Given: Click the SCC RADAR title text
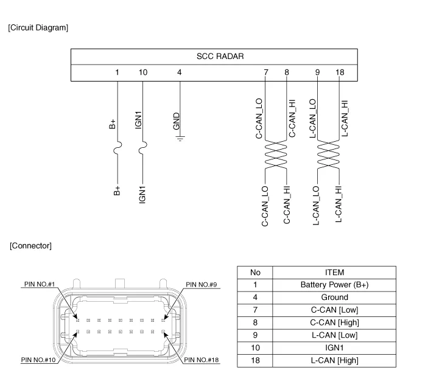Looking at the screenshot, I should click(220, 57).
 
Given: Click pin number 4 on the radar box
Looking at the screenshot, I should click(179, 72).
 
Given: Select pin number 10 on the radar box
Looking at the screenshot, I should click(142, 72).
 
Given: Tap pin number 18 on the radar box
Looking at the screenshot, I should click(340, 72).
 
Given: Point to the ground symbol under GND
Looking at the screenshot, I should click(180, 137).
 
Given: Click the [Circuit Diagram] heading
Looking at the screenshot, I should click(38, 28).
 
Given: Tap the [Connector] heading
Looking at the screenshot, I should click(30, 246).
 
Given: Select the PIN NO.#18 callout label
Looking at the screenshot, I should click(201, 360).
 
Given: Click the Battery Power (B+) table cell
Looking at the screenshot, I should click(334, 285).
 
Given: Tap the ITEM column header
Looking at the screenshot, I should click(334, 272).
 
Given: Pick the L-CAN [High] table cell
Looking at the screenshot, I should click(334, 361).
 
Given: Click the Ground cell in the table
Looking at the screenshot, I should click(334, 298).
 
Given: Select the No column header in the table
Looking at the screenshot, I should click(255, 272).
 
